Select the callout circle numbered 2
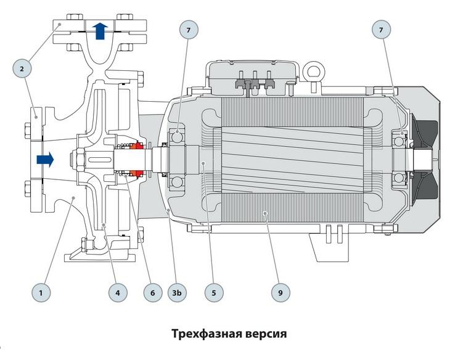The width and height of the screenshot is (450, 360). point(22,68)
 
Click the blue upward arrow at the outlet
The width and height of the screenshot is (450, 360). point(100,30)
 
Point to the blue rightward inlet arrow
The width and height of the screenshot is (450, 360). point(44,160)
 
